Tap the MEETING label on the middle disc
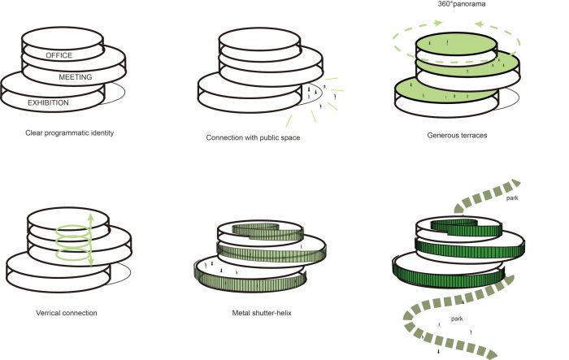(76, 77)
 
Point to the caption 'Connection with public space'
(253, 137)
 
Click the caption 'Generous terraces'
(456, 133)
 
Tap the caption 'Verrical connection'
(67, 311)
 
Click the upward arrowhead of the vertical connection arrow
(90, 216)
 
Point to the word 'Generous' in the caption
(442, 133)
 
